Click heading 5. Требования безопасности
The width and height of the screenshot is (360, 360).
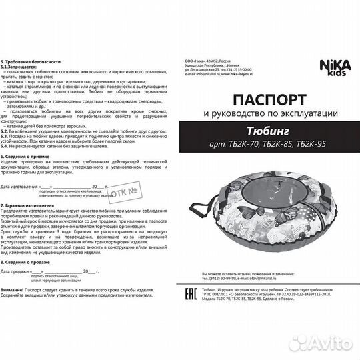coord(30,60)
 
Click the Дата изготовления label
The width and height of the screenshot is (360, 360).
coord(21,188)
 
